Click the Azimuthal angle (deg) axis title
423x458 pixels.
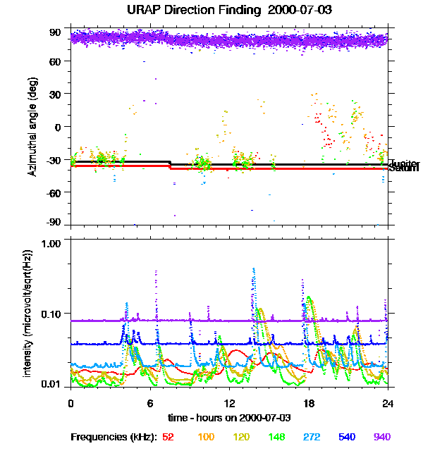pyautogui.click(x=32, y=128)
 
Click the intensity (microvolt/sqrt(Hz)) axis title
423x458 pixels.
pyautogui.click(x=27, y=313)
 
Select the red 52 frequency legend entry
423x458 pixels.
pyautogui.click(x=168, y=438)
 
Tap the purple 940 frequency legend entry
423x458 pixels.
pyautogui.click(x=381, y=438)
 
